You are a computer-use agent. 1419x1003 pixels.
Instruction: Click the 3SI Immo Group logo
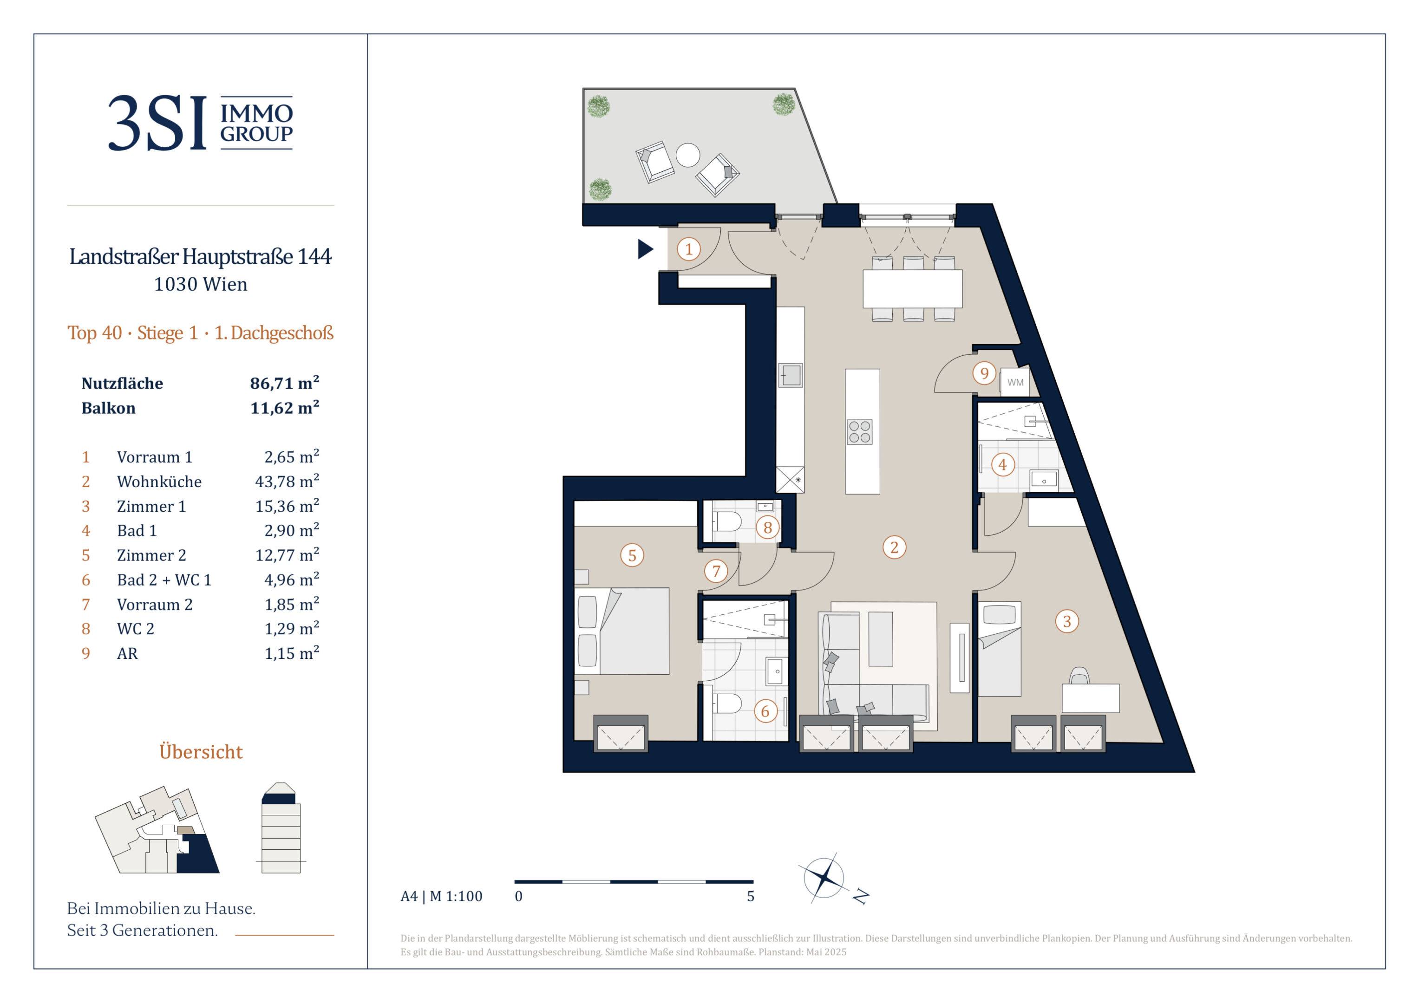pos(200,123)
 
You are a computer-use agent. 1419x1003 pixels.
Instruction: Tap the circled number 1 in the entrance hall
pos(688,249)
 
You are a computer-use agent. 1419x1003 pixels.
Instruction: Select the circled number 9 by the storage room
pos(984,373)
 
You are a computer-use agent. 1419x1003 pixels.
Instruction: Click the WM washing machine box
pos(1015,382)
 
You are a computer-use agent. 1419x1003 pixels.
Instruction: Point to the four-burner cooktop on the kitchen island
pos(859,432)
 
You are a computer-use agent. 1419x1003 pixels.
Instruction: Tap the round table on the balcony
pos(687,155)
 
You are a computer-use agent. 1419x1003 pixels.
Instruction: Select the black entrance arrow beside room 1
pos(645,249)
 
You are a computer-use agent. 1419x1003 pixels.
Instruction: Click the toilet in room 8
pos(726,521)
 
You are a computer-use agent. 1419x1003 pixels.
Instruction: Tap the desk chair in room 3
pos(1079,676)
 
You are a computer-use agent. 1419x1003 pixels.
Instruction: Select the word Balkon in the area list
pos(108,408)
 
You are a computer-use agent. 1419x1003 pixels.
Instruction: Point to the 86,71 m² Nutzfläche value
pos(284,383)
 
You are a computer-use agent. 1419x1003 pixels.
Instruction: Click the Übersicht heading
pos(201,751)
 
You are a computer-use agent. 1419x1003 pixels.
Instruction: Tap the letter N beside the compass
pos(861,896)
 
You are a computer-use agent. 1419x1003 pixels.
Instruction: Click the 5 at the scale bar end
pos(750,896)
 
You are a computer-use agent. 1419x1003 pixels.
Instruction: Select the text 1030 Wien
pos(200,284)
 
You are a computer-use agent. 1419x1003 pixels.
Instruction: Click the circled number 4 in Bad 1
pos(1002,464)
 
